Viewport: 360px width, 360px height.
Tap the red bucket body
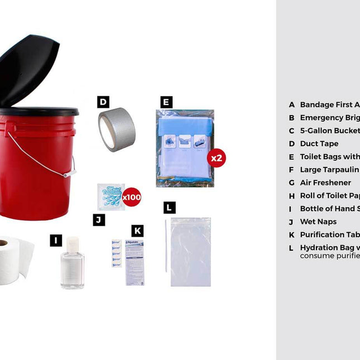click(x=33, y=167)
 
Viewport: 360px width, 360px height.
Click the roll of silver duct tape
click(x=117, y=129)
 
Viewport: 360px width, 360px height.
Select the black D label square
click(x=103, y=102)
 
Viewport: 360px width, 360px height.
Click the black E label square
click(x=166, y=102)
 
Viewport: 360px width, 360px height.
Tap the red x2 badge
click(x=217, y=158)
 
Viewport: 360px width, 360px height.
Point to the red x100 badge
click(x=132, y=197)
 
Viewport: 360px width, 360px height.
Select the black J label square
click(x=99, y=220)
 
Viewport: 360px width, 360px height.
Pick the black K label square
click(x=138, y=231)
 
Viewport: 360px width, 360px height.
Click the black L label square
click(x=170, y=208)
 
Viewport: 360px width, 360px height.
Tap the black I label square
click(x=56, y=241)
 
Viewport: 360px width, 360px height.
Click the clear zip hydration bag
click(x=191, y=252)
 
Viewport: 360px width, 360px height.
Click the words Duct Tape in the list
click(x=319, y=143)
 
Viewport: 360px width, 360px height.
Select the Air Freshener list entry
click(x=325, y=183)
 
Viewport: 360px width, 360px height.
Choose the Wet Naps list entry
click(x=318, y=222)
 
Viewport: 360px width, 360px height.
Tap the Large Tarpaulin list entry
click(x=329, y=170)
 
